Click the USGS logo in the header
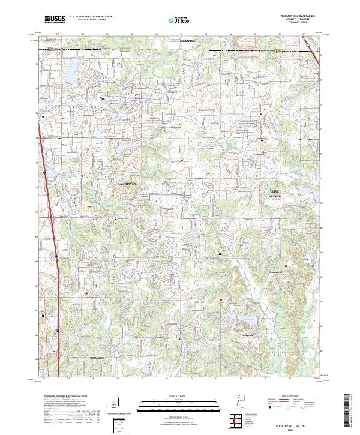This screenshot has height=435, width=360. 55,19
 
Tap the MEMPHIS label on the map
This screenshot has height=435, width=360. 188,40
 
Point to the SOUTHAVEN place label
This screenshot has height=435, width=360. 127,183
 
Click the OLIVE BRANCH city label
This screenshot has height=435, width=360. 274,193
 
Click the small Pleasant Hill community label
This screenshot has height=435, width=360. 275,271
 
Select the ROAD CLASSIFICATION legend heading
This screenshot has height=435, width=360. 286,397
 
